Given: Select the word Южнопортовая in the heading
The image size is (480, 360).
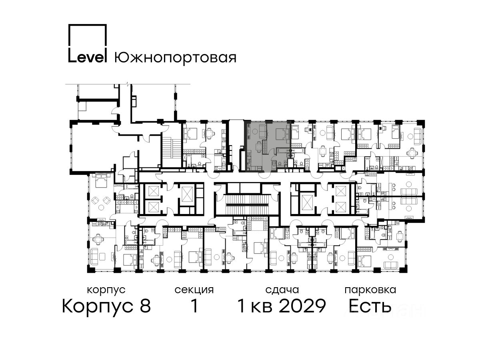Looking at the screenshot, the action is point(175,58).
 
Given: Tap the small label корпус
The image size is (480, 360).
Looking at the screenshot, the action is point(106,290).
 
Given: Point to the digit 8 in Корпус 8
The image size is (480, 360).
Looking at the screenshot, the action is point(145,306).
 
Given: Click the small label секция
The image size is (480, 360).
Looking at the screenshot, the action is point(194,290).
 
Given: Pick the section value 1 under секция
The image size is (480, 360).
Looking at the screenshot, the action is point(194,306).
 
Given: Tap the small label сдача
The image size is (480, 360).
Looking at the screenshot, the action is point(282,290).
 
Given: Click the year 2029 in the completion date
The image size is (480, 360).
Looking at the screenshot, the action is point(303,306).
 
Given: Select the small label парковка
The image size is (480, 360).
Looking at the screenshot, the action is point(370,290).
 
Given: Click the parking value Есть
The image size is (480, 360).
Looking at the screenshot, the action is point(370,306).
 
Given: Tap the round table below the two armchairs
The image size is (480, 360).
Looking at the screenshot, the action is point(101,208).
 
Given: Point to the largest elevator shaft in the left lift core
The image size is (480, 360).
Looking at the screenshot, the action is point(186,194).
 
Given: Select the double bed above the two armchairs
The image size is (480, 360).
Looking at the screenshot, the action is point(101,180).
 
